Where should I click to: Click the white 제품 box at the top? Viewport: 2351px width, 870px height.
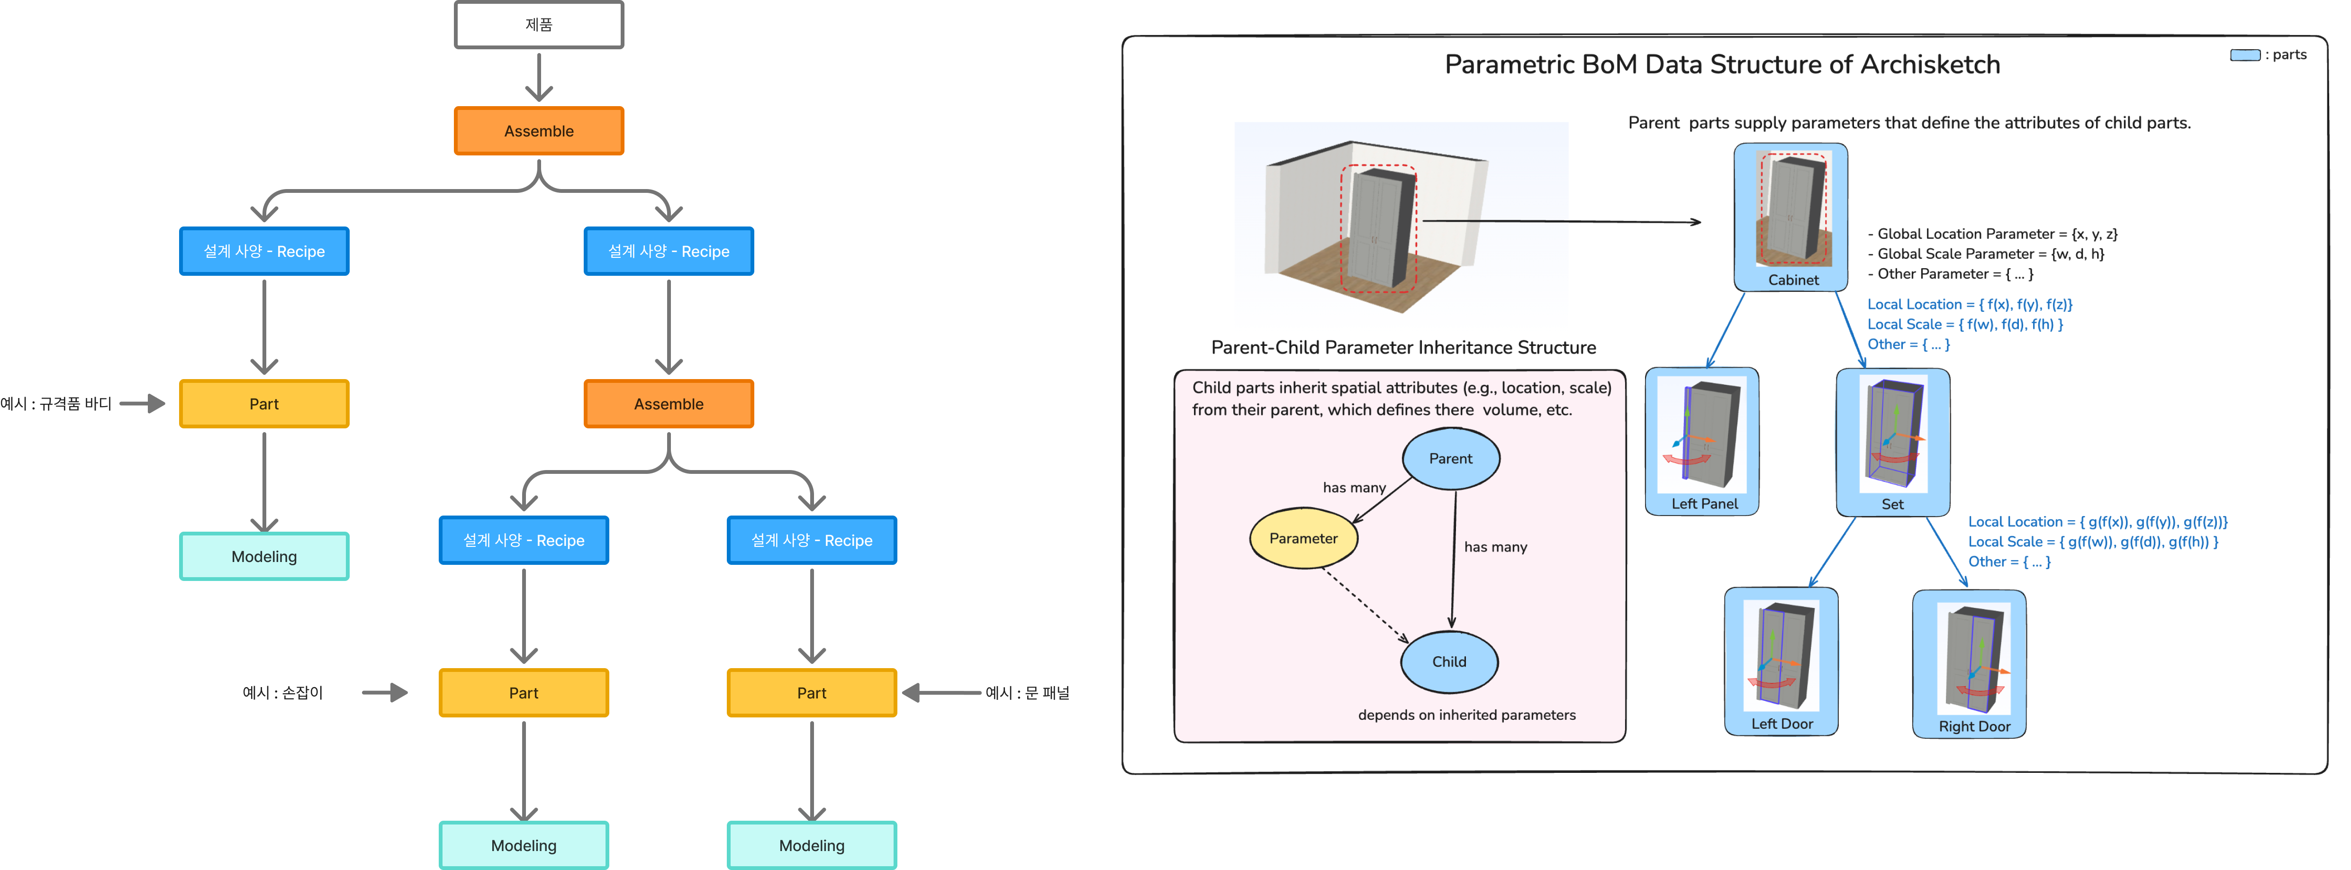(x=538, y=25)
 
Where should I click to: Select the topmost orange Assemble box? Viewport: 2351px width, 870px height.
(x=538, y=130)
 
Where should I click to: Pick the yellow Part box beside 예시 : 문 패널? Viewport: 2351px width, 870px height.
(x=811, y=693)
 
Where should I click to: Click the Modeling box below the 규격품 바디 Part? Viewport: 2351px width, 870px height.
(x=264, y=556)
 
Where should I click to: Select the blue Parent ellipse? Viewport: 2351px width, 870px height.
(x=1450, y=458)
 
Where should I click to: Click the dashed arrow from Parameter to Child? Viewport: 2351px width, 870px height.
(x=1366, y=606)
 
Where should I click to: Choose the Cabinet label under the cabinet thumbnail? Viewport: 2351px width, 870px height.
(x=1792, y=280)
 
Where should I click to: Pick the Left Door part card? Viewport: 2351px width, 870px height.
(x=1781, y=661)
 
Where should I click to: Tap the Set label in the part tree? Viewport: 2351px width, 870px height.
(x=1892, y=504)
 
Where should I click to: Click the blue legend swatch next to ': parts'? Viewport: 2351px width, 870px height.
(x=2244, y=55)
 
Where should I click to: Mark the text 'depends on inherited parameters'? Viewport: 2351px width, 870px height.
(x=1466, y=715)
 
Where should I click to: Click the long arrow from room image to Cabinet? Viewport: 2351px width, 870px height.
(x=1561, y=221)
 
